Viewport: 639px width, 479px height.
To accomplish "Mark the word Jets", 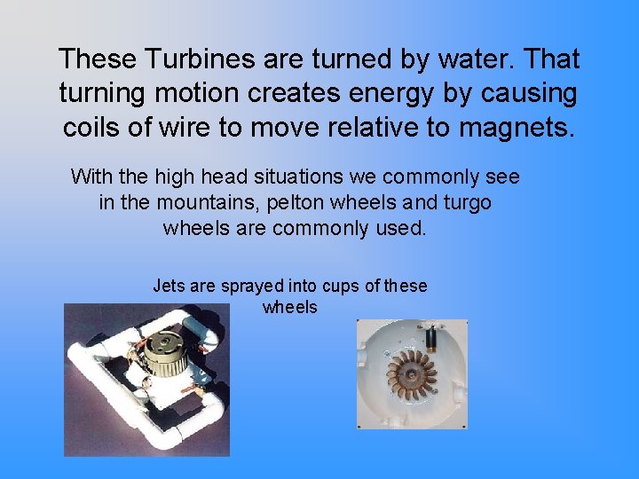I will pos(169,286).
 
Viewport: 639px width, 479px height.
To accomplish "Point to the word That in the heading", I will pos(550,59).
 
